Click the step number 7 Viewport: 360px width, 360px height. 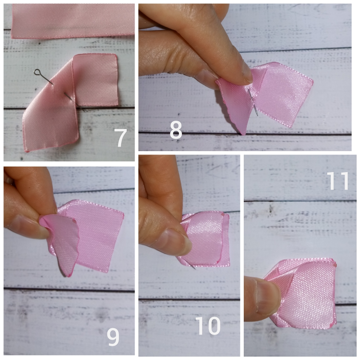pos(120,138)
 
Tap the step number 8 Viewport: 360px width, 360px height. pos(176,130)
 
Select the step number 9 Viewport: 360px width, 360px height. pos(113,337)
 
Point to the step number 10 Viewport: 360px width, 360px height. pos(208,325)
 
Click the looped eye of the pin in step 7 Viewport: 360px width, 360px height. pos(37,72)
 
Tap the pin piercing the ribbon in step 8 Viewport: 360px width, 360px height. pos(253,102)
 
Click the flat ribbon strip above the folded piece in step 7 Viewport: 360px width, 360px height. pos(72,21)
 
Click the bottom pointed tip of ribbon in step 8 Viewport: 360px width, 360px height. pos(243,134)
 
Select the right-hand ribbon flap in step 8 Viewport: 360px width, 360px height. pos(283,94)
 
